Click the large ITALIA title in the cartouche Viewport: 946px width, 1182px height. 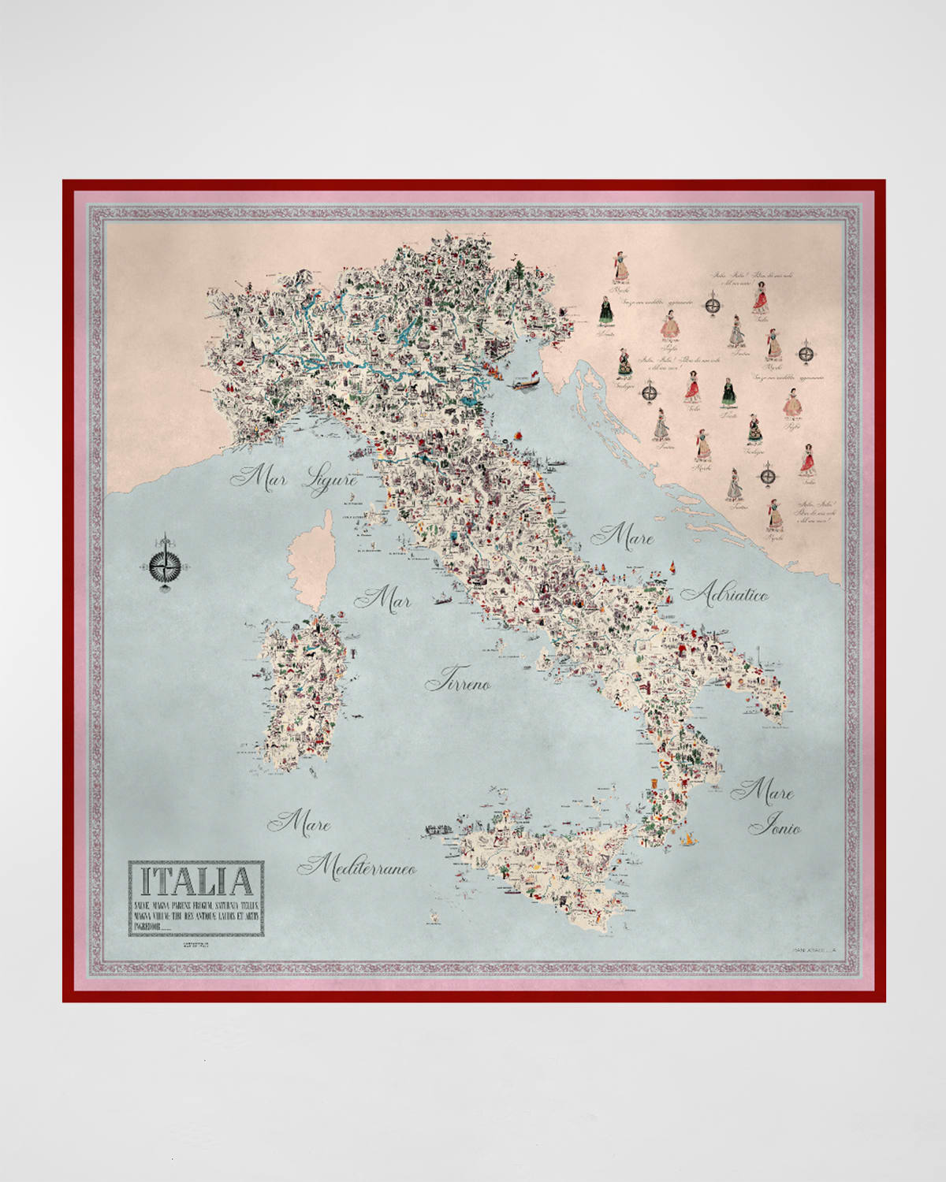click(197, 880)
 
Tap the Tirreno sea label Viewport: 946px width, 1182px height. click(458, 681)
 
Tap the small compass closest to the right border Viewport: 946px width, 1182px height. click(806, 354)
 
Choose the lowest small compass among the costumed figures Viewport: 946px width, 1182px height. click(766, 475)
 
